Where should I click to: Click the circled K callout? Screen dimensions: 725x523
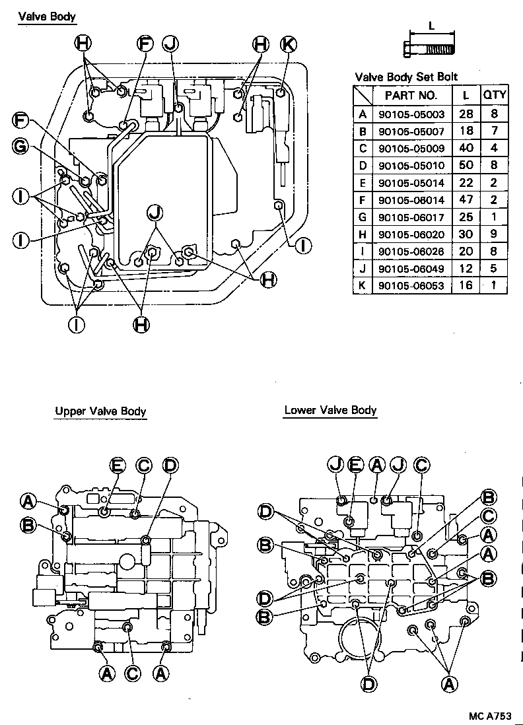coord(287,44)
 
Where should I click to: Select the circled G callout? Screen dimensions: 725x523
coord(22,147)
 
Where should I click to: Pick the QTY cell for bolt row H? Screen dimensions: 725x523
coord(494,234)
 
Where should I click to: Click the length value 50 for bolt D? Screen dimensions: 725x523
coord(466,165)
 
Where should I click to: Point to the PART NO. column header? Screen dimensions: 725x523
coord(410,95)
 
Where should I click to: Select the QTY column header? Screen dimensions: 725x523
coord(494,95)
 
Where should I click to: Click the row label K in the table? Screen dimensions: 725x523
coord(362,285)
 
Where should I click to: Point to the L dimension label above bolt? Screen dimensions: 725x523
coord(431,26)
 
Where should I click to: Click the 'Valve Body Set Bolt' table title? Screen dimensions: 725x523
coord(406,77)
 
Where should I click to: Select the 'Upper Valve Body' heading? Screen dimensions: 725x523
coord(100,411)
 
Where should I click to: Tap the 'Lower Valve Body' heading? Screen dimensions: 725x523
coord(330,410)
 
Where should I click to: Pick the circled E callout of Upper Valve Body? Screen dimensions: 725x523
coord(118,466)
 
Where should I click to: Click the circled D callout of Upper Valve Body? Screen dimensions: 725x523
coord(170,466)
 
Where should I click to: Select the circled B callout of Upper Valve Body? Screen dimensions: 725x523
coord(28,526)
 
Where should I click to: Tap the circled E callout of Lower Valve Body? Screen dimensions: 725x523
coord(355,466)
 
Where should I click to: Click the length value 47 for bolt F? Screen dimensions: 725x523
coord(466,199)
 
